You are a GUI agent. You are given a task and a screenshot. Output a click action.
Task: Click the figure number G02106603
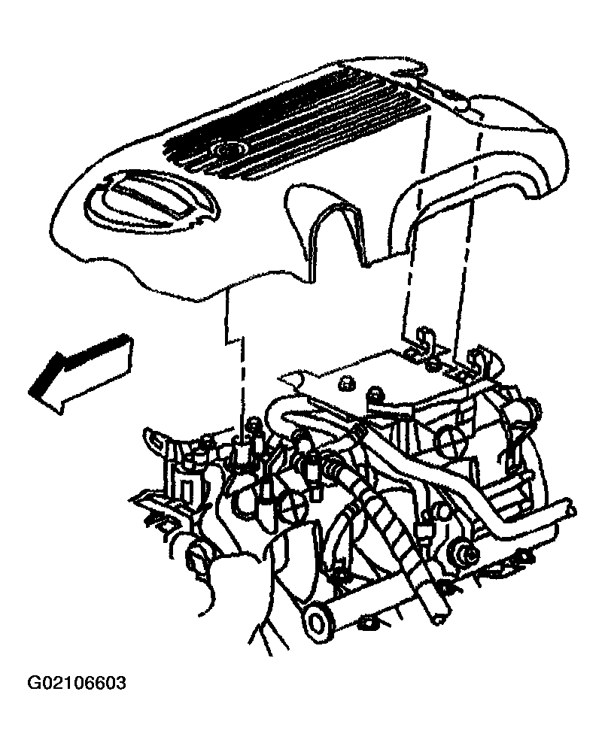pyautogui.click(x=77, y=683)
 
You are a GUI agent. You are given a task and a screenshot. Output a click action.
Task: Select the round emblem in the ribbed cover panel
pyautogui.click(x=227, y=151)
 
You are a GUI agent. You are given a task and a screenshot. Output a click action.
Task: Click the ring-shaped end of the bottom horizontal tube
pyautogui.click(x=318, y=620)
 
